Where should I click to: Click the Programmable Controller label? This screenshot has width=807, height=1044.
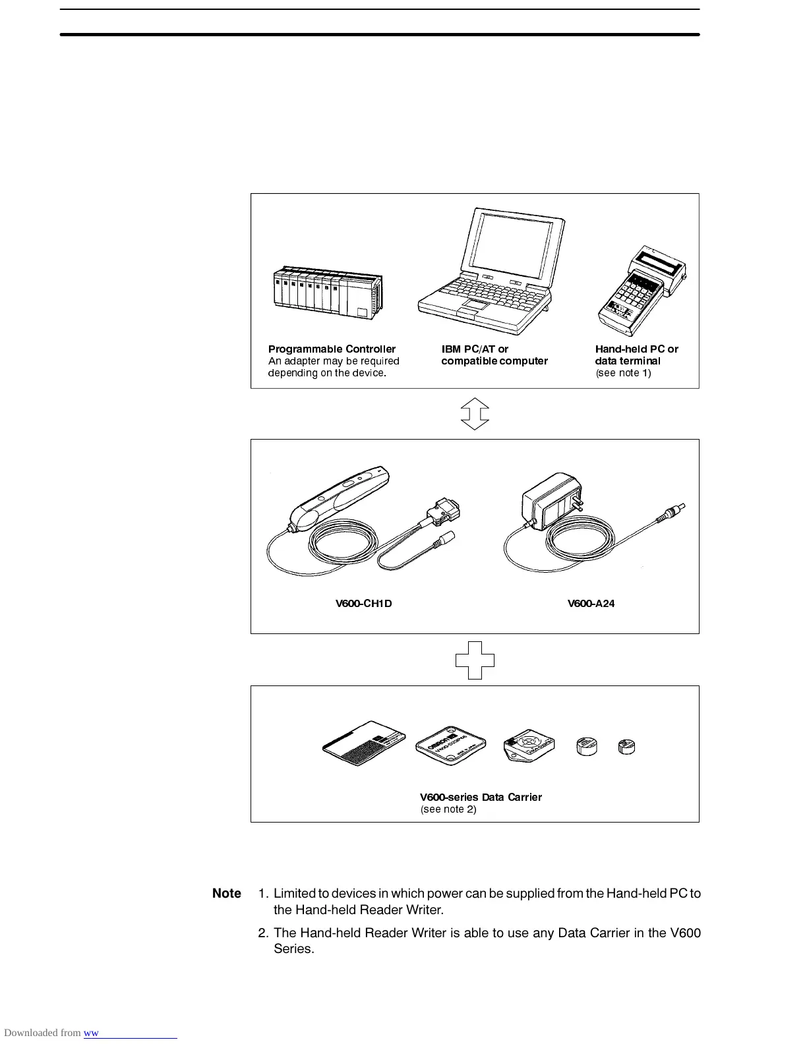coord(332,349)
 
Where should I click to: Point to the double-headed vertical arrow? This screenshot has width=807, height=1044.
coord(475,414)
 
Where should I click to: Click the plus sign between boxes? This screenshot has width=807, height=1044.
coord(475,660)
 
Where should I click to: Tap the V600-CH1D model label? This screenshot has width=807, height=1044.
coord(364,604)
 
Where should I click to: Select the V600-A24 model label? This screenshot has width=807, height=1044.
coord(591,604)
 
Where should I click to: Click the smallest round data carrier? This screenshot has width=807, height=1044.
coord(626,747)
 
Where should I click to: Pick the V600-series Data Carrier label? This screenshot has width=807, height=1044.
coord(481,797)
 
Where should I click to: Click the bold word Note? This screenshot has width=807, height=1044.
coord(227,894)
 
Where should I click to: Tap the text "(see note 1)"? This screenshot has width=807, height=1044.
coord(623,373)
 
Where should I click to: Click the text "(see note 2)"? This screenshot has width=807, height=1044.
coord(448,809)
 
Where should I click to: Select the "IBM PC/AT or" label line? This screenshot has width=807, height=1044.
coord(475,349)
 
